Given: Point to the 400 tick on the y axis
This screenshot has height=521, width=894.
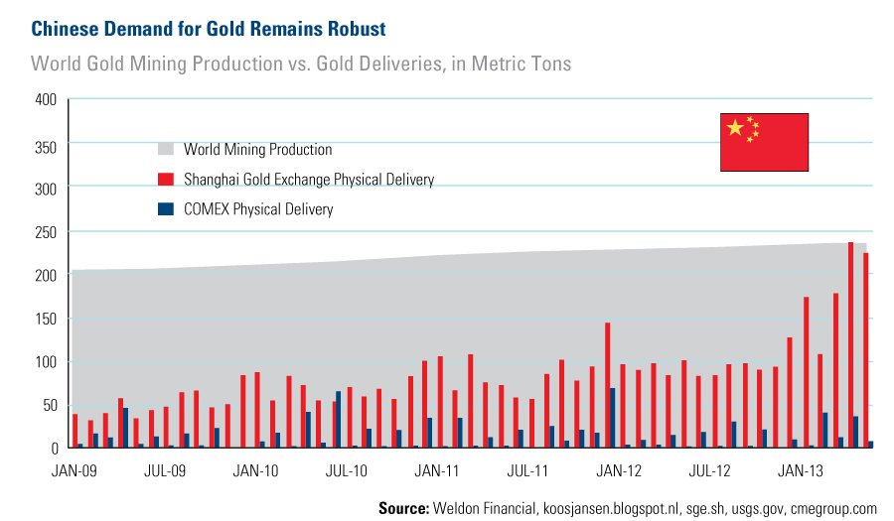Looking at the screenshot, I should [46, 100].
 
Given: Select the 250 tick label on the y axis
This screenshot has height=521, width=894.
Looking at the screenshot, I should [46, 231].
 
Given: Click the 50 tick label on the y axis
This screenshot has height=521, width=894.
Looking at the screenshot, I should [49, 405].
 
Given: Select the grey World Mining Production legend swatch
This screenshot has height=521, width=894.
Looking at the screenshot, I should [166, 150].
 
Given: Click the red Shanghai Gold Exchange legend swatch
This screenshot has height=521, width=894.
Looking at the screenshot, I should [166, 180].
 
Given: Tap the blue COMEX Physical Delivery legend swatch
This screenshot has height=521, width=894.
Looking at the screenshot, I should [166, 209].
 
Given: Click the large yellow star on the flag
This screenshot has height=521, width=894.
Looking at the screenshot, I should [735, 128].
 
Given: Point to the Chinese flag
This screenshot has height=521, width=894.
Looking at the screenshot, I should [764, 141].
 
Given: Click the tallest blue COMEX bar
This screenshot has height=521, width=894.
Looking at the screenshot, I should [613, 418].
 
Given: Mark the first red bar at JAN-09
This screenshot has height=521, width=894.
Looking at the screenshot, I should [74, 431].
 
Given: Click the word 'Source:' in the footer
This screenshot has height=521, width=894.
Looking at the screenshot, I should [404, 507].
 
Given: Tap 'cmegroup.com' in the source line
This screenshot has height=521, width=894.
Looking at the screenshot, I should [833, 507].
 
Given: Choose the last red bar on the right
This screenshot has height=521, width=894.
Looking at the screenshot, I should [866, 350].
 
